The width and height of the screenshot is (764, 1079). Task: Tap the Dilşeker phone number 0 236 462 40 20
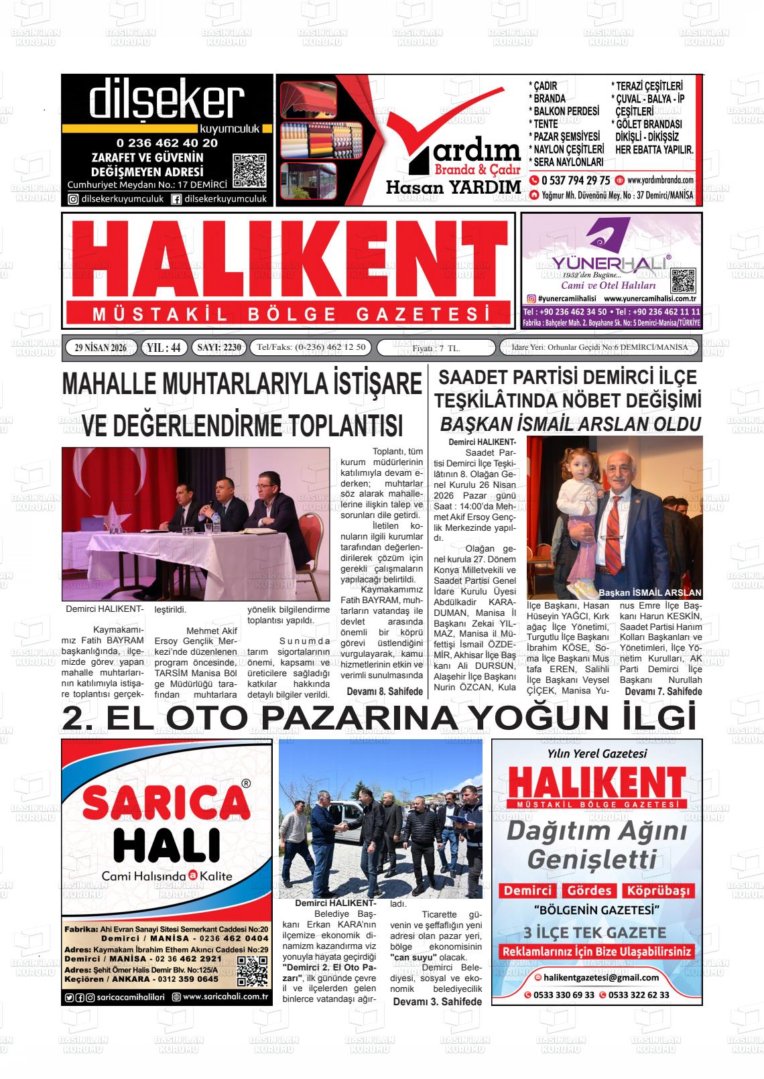click(x=167, y=143)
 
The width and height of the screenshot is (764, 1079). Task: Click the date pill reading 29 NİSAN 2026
click(x=101, y=347)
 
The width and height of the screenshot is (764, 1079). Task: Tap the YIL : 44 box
click(x=164, y=347)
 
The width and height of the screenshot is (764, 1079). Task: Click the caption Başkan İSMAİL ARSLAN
click(x=649, y=592)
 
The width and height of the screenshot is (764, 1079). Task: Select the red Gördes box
click(x=589, y=891)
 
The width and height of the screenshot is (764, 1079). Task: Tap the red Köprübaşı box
click(x=657, y=891)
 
